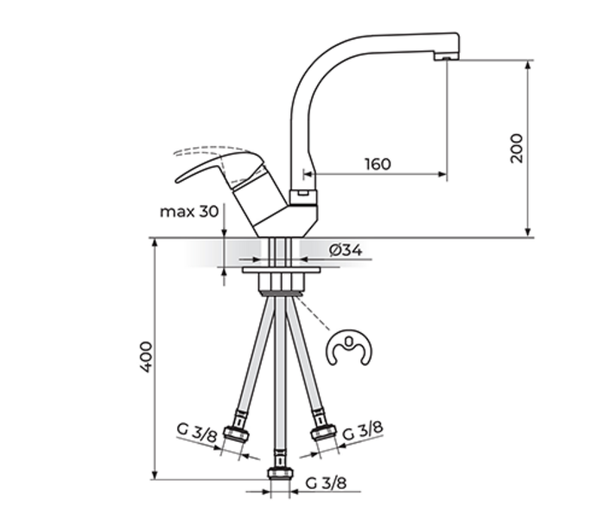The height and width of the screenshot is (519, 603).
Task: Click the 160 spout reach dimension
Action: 378,163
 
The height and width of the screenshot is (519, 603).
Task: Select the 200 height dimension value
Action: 517,149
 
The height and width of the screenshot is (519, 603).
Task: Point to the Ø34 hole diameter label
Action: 345,251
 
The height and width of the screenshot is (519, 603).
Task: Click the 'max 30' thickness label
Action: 188,211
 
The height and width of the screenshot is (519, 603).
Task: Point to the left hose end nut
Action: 236,432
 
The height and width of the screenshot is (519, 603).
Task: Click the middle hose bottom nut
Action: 279,473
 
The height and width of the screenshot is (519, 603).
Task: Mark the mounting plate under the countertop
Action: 281,271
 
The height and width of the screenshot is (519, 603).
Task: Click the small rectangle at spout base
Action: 301,195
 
